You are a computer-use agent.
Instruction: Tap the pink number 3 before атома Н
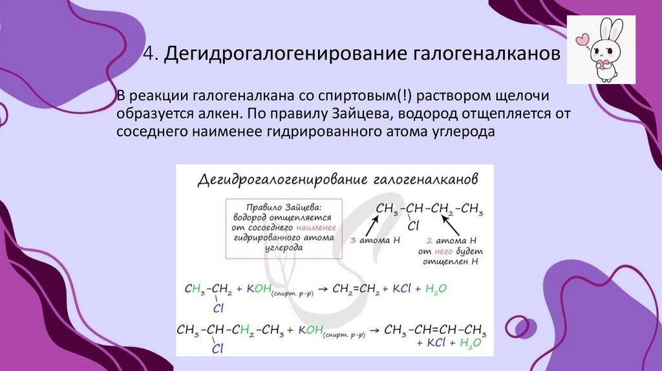[352, 240]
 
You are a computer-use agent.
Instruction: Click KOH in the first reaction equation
[258, 288]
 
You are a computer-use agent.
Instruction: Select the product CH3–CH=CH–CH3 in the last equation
[435, 330]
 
